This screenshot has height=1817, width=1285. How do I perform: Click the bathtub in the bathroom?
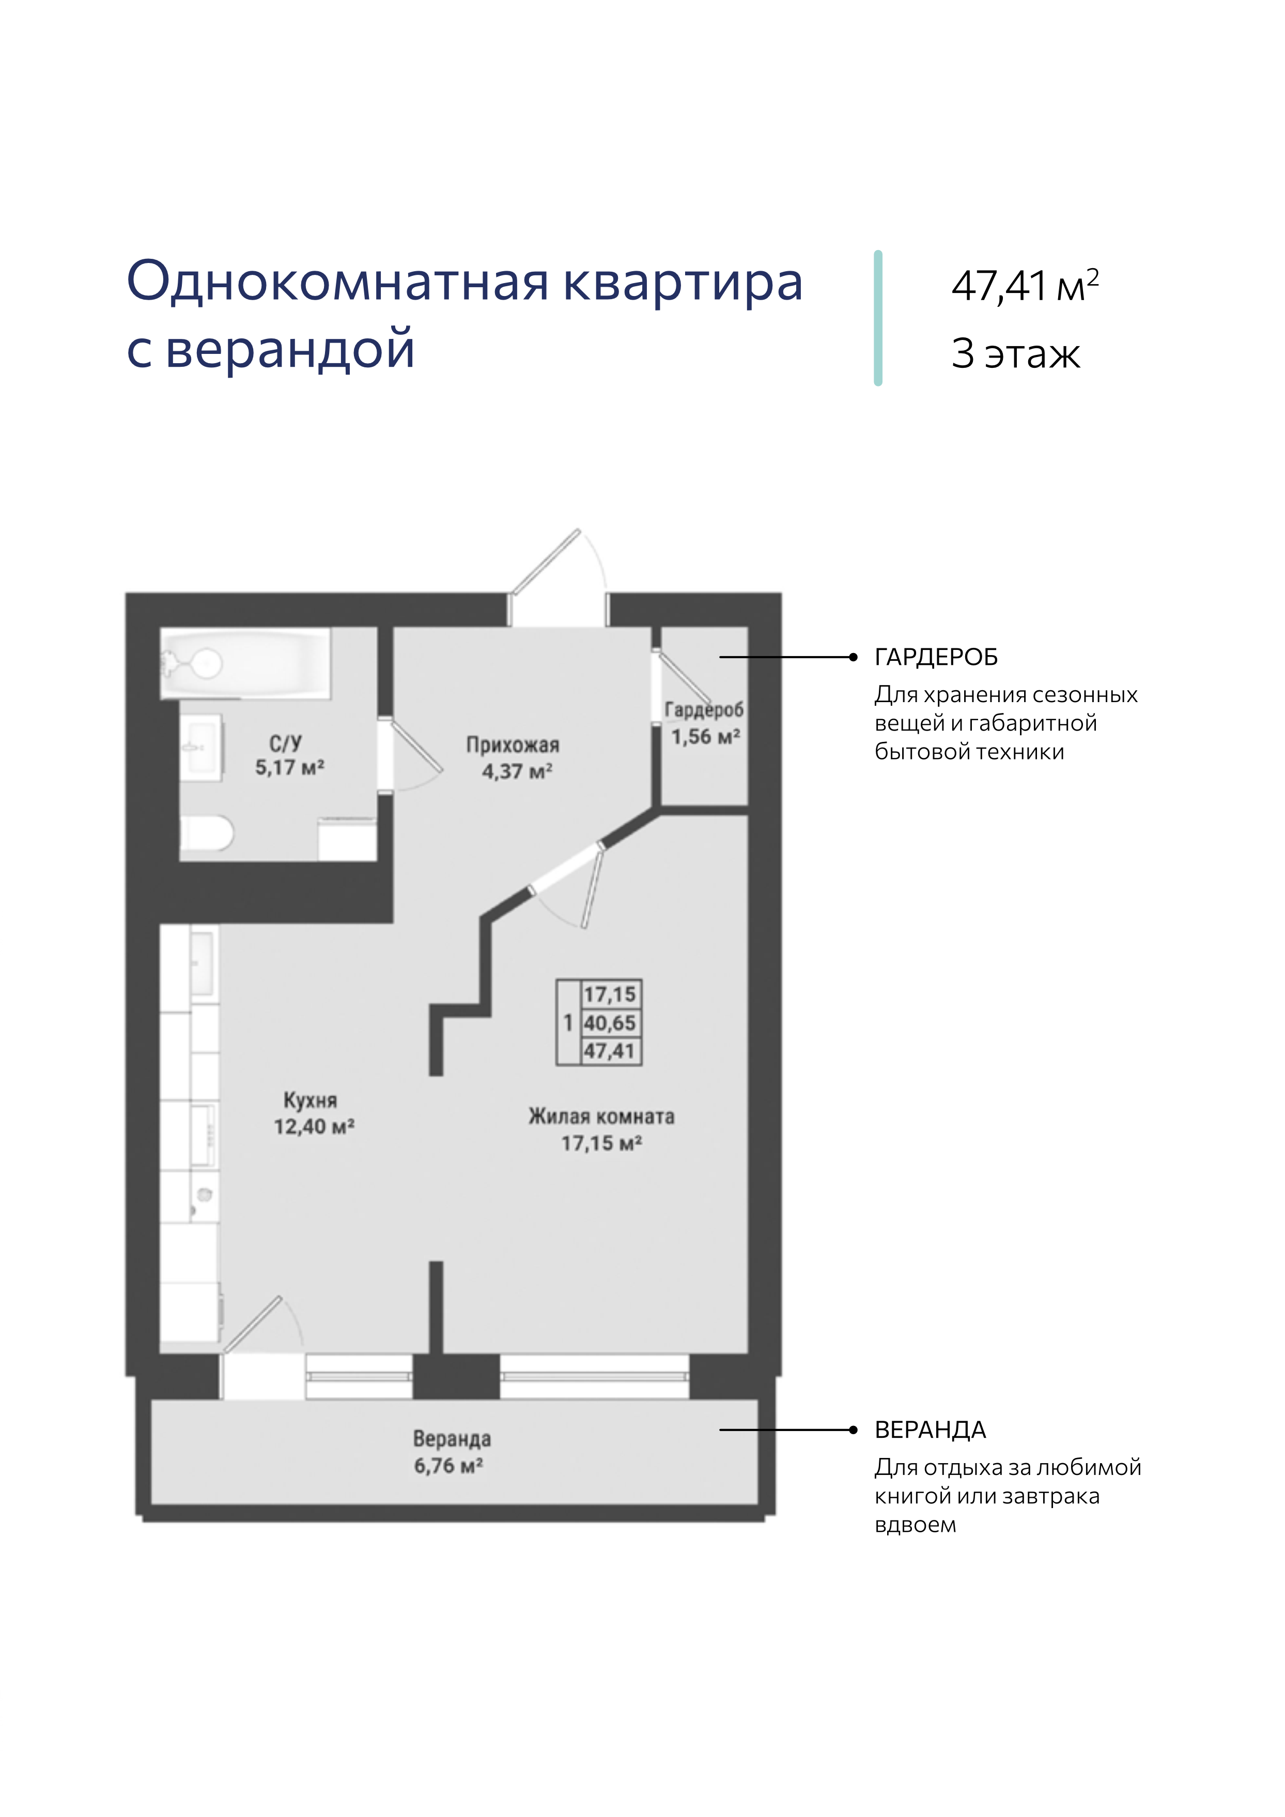[x=245, y=663]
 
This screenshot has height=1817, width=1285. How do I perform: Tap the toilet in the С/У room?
[x=207, y=833]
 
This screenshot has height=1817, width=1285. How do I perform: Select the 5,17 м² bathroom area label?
[x=289, y=768]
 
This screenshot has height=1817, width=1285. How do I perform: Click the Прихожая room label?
[x=513, y=744]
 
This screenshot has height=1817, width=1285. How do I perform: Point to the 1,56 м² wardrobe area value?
[x=706, y=737]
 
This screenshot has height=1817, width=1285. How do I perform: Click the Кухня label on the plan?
[x=310, y=1100]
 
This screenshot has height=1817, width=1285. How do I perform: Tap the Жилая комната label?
[x=601, y=1116]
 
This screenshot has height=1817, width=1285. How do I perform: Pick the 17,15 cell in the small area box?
[x=610, y=994]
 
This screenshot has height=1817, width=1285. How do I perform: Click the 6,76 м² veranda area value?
[x=448, y=1466]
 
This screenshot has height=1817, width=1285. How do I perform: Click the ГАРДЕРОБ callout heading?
[x=936, y=657]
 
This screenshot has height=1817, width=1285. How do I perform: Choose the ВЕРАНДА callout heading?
[x=931, y=1430]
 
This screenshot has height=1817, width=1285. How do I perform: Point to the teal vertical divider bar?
[x=878, y=318]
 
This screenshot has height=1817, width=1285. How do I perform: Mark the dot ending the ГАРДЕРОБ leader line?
[x=853, y=657]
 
